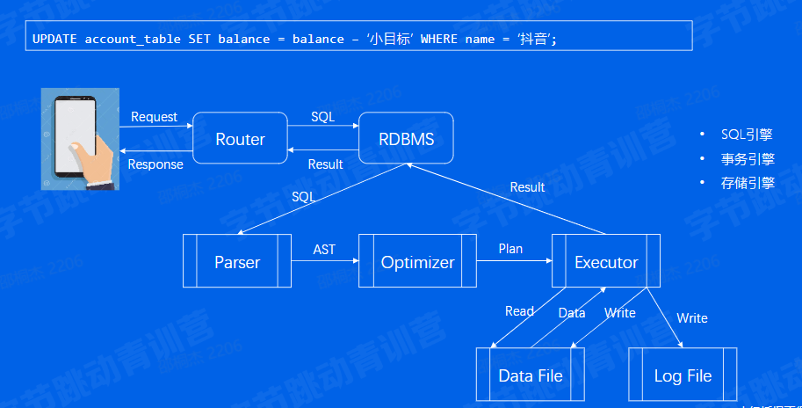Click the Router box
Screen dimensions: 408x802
coord(240,139)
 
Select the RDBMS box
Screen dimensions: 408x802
coord(406,139)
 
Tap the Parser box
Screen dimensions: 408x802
coord(237,262)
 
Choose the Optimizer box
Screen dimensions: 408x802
coord(417,262)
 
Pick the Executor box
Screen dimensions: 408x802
coord(606,262)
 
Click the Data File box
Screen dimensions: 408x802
coord(530,375)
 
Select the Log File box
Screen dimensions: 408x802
coord(683,375)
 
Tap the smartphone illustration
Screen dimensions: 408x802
coord(77,138)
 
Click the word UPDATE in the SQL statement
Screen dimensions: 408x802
coord(54,40)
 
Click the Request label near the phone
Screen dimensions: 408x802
coord(154,117)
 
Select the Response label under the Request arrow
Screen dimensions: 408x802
coord(155,164)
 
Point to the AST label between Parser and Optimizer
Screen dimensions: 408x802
coord(324,250)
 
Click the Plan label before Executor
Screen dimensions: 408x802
coord(510,249)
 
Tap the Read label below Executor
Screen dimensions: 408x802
coord(519,311)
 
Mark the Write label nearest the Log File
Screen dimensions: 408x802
coord(691,318)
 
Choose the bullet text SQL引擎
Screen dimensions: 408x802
coord(747,135)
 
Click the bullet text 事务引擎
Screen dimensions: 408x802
coord(747,159)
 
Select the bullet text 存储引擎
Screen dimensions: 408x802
coord(747,183)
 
